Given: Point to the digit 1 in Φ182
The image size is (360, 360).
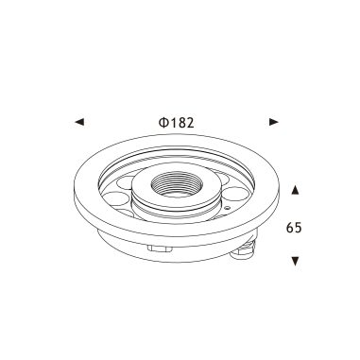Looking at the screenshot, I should (x=175, y=122).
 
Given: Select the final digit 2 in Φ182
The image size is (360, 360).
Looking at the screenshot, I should (x=193, y=122).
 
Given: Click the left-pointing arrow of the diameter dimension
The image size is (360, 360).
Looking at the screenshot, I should (x=78, y=122).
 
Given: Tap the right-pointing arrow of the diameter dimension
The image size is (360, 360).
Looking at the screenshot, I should (x=274, y=122).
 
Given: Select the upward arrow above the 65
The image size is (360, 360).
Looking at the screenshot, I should (x=297, y=190).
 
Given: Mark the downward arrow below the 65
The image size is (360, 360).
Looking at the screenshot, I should (x=297, y=259).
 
